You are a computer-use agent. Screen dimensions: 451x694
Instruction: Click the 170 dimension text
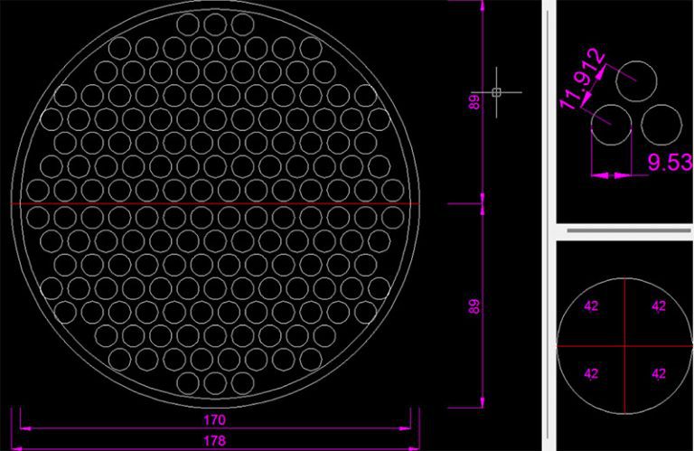click(215, 420)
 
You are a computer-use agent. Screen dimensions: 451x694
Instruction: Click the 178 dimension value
click(215, 441)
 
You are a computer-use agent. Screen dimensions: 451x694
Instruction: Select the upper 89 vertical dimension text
click(473, 100)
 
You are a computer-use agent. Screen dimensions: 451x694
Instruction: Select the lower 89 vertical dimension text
click(473, 307)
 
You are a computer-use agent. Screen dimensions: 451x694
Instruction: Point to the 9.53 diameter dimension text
click(670, 163)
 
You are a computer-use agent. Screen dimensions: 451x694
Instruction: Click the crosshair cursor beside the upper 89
click(497, 92)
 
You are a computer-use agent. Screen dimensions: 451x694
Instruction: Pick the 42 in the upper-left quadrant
click(592, 306)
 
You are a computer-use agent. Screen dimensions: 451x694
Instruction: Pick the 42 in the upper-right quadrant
click(659, 306)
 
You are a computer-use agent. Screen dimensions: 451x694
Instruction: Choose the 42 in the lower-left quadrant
click(592, 372)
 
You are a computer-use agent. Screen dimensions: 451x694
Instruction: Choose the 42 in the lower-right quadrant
click(659, 372)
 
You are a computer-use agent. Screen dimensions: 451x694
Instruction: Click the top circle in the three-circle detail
click(636, 80)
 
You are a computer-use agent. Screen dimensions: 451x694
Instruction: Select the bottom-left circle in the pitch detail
click(609, 124)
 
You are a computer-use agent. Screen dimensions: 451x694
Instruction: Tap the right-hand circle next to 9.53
click(662, 124)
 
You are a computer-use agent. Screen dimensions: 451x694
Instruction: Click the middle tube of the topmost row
click(215, 24)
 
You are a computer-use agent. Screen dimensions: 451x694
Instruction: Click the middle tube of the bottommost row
click(215, 383)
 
